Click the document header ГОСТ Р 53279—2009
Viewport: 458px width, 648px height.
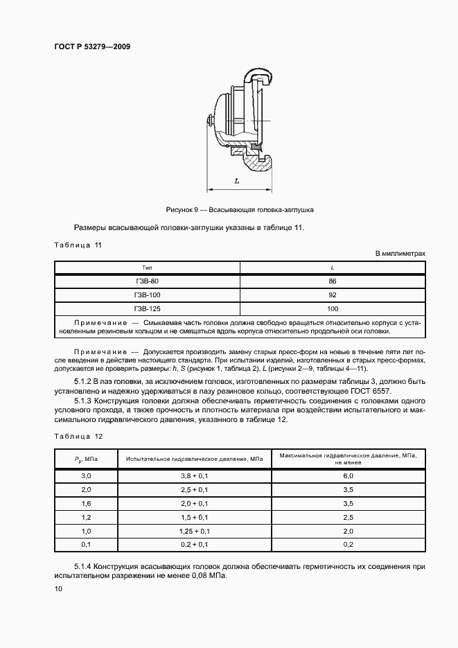[91, 47]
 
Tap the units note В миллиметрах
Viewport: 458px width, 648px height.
[400, 254]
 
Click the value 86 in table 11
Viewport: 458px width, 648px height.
[333, 281]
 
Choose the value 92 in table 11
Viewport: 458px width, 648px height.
[333, 295]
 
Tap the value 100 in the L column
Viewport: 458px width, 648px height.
[333, 308]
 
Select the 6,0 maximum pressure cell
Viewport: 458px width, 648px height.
[348, 476]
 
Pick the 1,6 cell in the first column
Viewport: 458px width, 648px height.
[86, 503]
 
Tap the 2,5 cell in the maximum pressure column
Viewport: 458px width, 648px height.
[348, 517]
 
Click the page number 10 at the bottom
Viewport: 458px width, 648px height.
[58, 588]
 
